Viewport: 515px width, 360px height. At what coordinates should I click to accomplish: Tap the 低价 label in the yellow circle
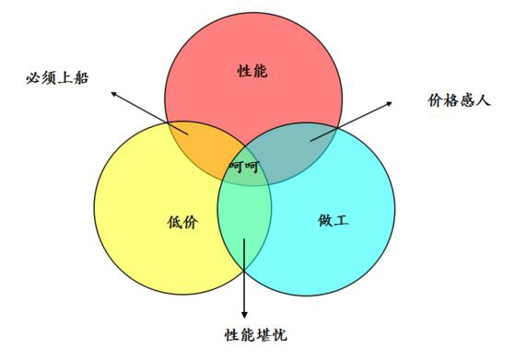pyautogui.click(x=182, y=222)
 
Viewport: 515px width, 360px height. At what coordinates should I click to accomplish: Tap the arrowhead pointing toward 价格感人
pyautogui.click(x=390, y=103)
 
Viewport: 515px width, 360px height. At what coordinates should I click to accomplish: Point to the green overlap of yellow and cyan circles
pyautogui.click(x=244, y=226)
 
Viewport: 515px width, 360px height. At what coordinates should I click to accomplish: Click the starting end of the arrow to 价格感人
pyautogui.click(x=311, y=141)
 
